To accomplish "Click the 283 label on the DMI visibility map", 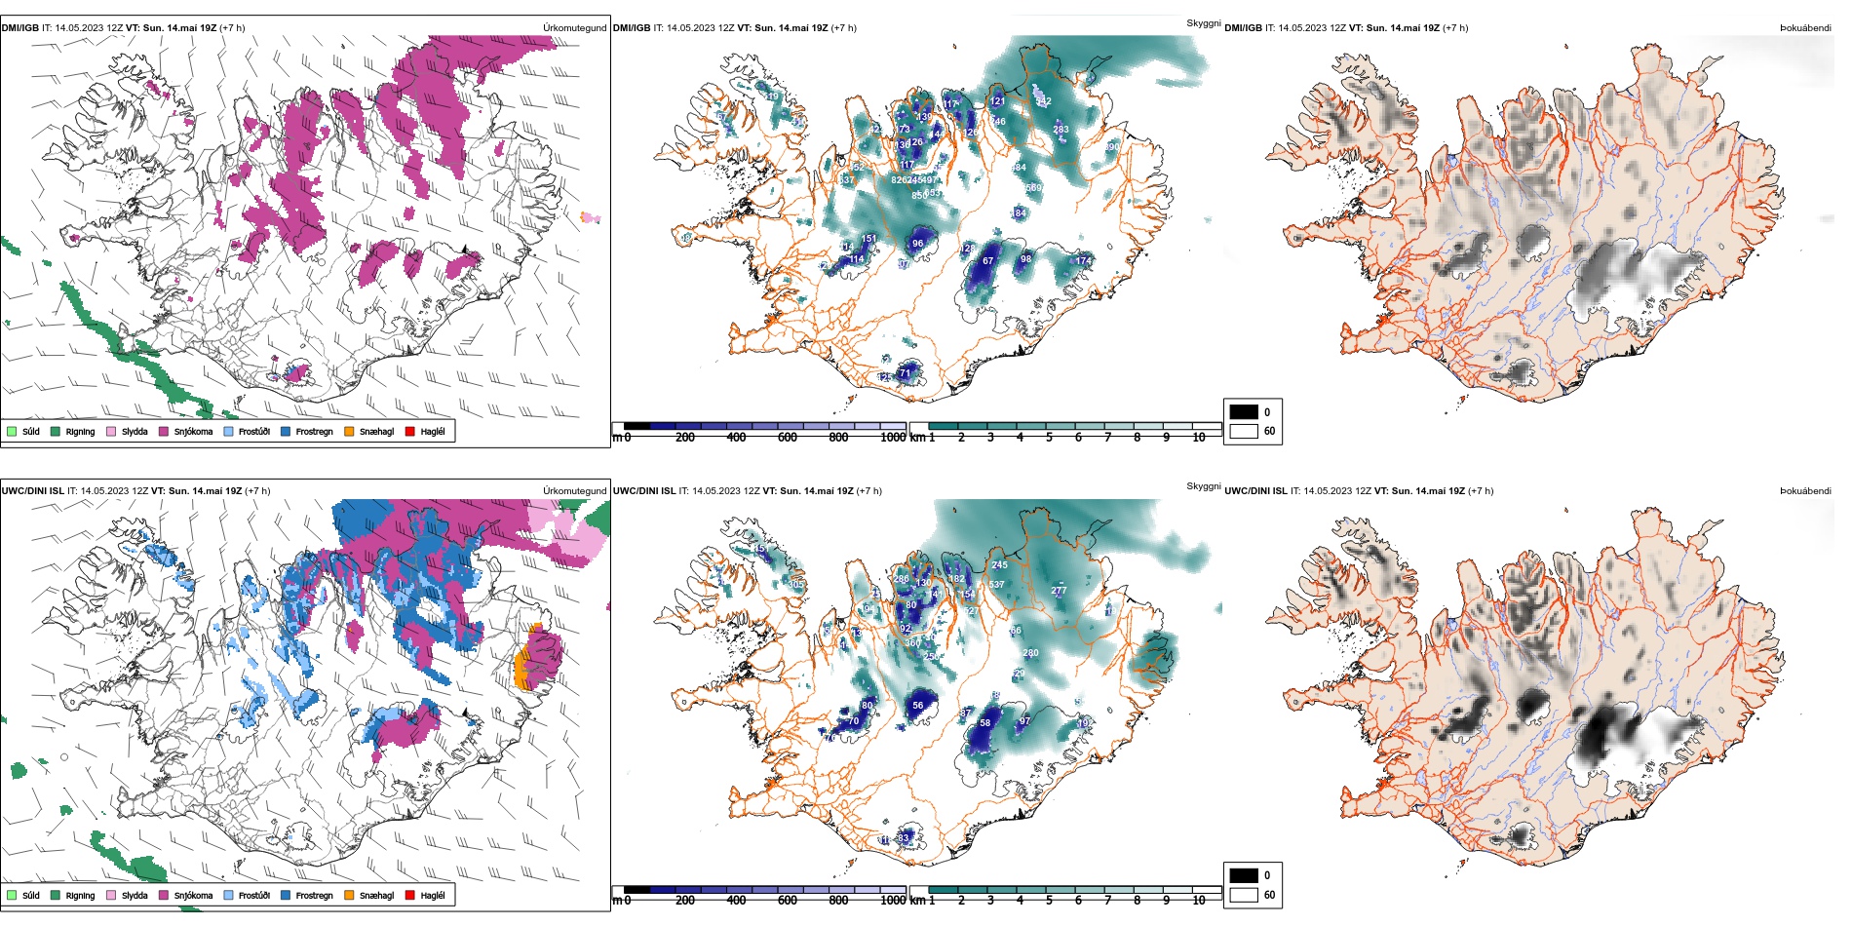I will point(1061,130).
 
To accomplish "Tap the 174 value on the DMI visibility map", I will point(1083,261).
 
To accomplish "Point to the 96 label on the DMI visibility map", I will point(917,244).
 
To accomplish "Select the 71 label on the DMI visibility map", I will point(905,373).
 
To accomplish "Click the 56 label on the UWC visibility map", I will point(917,706).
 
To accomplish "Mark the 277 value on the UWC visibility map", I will point(1059,591).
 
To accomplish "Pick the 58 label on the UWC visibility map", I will point(985,723).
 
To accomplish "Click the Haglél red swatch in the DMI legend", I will point(410,431).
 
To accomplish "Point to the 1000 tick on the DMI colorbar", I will point(893,438).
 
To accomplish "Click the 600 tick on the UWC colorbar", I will point(788,901).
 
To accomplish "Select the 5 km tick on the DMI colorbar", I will point(1049,438).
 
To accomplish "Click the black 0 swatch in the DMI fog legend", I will point(1244,411).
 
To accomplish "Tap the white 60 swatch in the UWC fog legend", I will point(1244,894).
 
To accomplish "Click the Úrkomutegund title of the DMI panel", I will point(574,28).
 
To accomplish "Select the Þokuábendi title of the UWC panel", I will point(1805,491).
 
